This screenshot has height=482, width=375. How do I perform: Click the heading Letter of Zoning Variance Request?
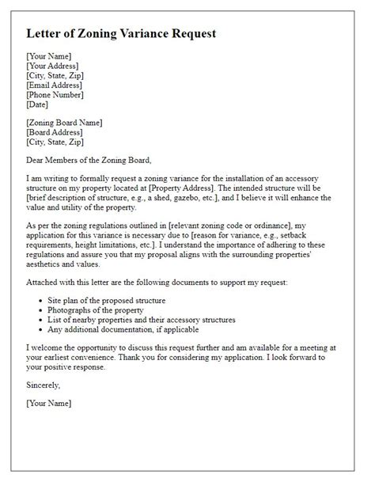[x=121, y=34]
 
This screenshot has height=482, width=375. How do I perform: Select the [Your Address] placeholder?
[x=54, y=66]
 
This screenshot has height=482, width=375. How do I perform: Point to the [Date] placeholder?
[x=37, y=104]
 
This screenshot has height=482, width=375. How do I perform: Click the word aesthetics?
[x=47, y=265]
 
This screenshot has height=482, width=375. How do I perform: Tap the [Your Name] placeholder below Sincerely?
[x=49, y=403]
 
